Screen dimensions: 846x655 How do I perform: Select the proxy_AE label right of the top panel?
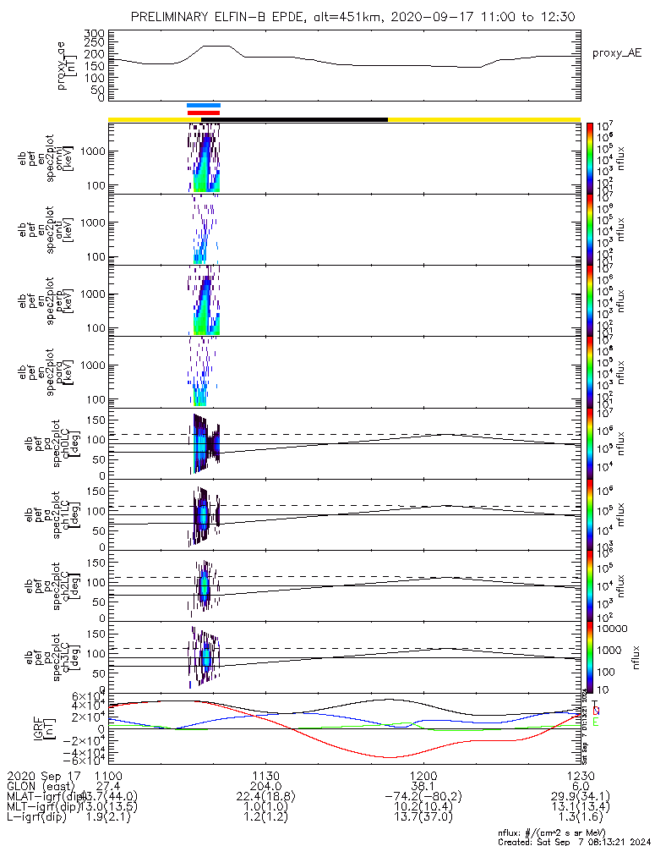pos(616,53)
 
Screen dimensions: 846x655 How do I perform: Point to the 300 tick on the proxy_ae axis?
pos(95,32)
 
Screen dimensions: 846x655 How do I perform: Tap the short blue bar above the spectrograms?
pos(204,105)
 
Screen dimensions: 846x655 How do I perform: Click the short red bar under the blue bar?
pos(204,113)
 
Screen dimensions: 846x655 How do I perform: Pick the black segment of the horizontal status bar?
pos(303,119)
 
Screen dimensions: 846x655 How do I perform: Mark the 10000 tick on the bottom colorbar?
pos(609,629)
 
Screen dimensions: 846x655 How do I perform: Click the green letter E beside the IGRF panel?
pos(596,722)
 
